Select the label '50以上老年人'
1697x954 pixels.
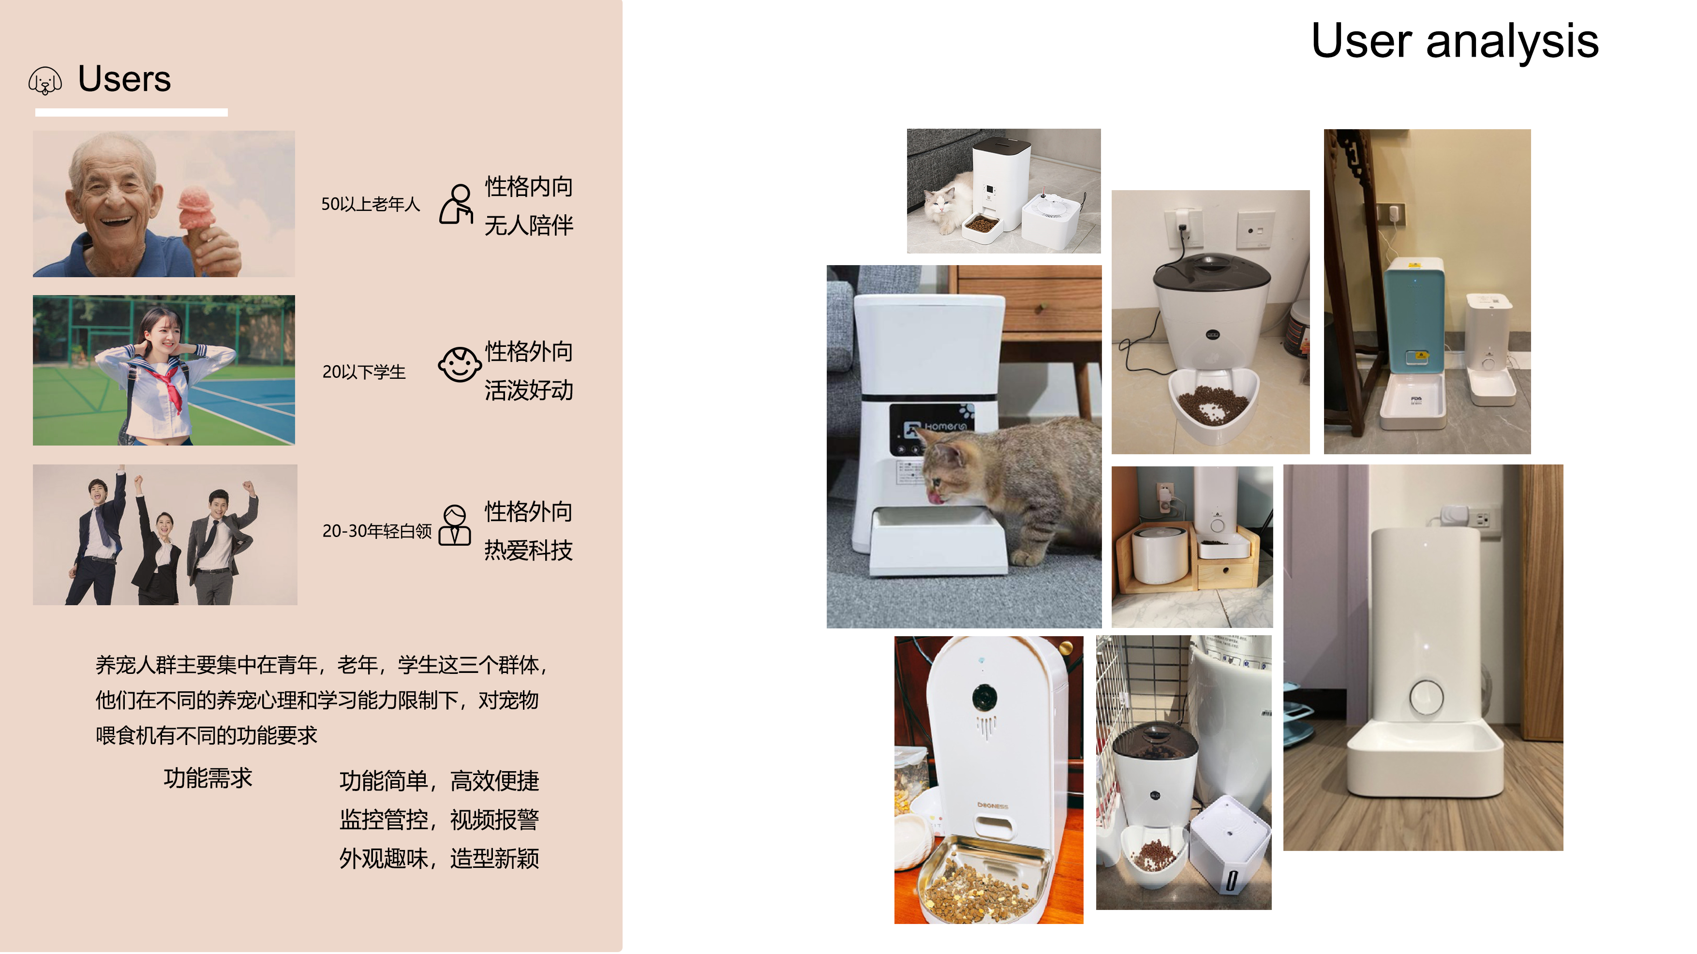tap(370, 204)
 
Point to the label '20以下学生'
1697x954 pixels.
tap(364, 372)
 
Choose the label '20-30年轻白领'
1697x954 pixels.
tap(377, 531)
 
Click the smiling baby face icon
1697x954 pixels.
tap(459, 364)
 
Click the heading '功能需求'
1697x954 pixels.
tap(208, 778)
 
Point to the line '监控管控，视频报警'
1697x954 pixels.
tap(439, 820)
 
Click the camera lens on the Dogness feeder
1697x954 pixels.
tap(984, 697)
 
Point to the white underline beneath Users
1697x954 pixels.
tap(131, 113)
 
